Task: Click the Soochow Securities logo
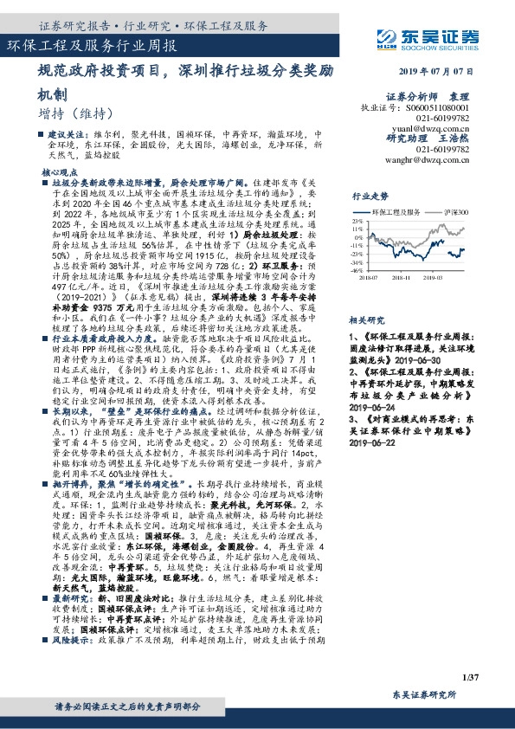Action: (x=441, y=38)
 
